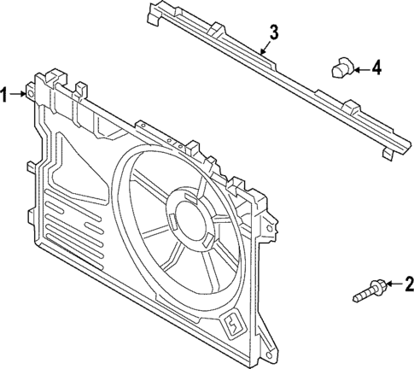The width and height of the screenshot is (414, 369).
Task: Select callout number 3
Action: [273, 33]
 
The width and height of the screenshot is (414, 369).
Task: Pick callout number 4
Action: [377, 67]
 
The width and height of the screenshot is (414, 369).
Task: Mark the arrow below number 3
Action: [265, 50]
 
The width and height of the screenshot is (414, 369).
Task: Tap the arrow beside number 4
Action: [360, 67]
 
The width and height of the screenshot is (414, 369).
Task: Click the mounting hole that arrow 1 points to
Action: [32, 91]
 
